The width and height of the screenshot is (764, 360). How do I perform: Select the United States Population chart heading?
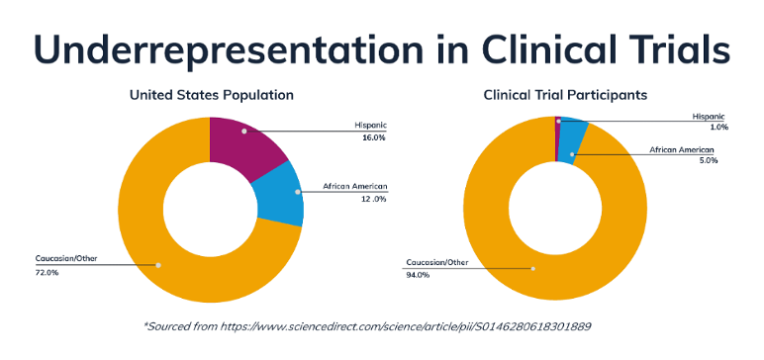pos(211,96)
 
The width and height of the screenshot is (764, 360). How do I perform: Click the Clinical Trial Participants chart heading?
pos(565,96)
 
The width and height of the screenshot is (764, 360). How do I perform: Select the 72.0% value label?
pos(46,272)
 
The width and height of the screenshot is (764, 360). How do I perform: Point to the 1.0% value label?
pos(718,128)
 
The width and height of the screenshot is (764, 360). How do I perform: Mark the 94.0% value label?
pos(417,276)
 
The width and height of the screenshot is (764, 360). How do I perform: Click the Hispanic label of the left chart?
pos(370,126)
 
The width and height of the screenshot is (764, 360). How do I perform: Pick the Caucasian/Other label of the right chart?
pos(436,263)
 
